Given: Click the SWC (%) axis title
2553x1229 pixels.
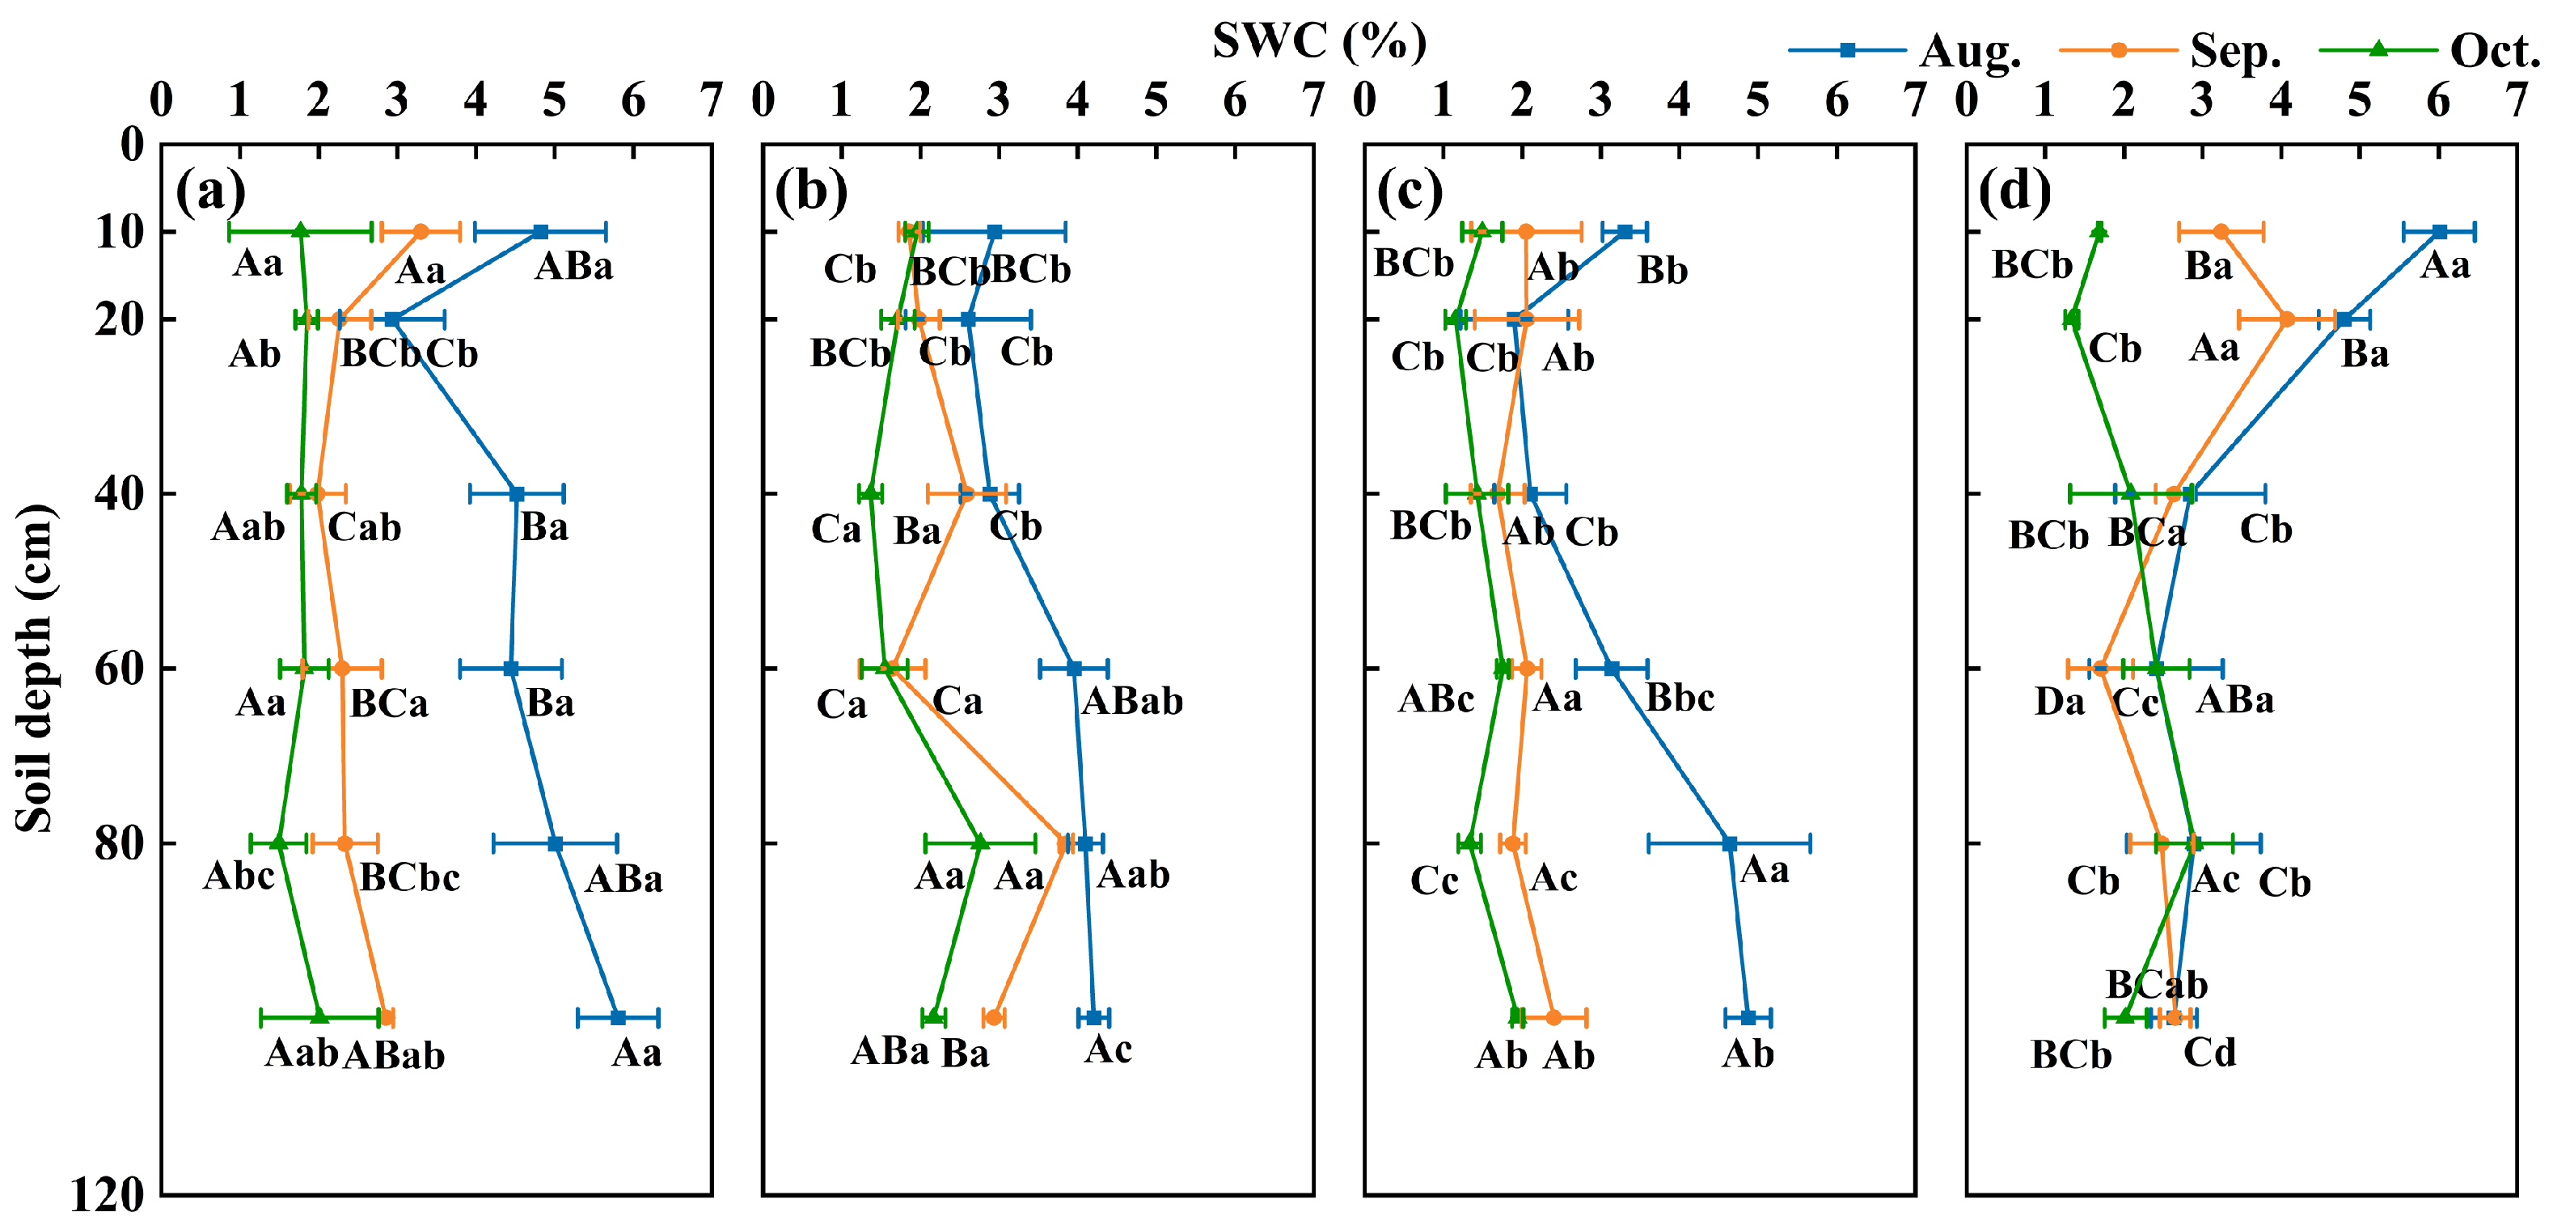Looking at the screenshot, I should click(x=1319, y=41).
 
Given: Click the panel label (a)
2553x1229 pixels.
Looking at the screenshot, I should click(x=210, y=189).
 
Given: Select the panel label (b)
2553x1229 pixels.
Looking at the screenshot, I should click(x=810, y=189).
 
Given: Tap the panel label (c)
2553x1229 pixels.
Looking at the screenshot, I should click(x=1410, y=189).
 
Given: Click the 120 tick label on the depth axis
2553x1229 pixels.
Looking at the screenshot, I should click(x=107, y=1195).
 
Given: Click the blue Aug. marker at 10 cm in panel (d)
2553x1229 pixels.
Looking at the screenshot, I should click(x=2439, y=232).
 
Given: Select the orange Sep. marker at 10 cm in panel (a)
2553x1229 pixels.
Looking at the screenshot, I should click(x=421, y=232).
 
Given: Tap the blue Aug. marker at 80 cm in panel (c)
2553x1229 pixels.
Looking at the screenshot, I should click(x=1730, y=844).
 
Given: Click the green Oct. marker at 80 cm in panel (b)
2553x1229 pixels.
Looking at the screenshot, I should click(x=980, y=843).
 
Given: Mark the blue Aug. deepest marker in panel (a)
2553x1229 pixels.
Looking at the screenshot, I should click(x=618, y=1018).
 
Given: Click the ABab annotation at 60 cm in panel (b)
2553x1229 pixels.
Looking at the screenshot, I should click(x=1132, y=702).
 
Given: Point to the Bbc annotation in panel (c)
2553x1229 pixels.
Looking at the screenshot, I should click(x=1680, y=698).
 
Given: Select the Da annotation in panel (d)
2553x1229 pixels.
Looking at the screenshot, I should click(x=2060, y=702).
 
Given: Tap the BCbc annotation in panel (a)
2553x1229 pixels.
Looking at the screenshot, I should click(x=409, y=877).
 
